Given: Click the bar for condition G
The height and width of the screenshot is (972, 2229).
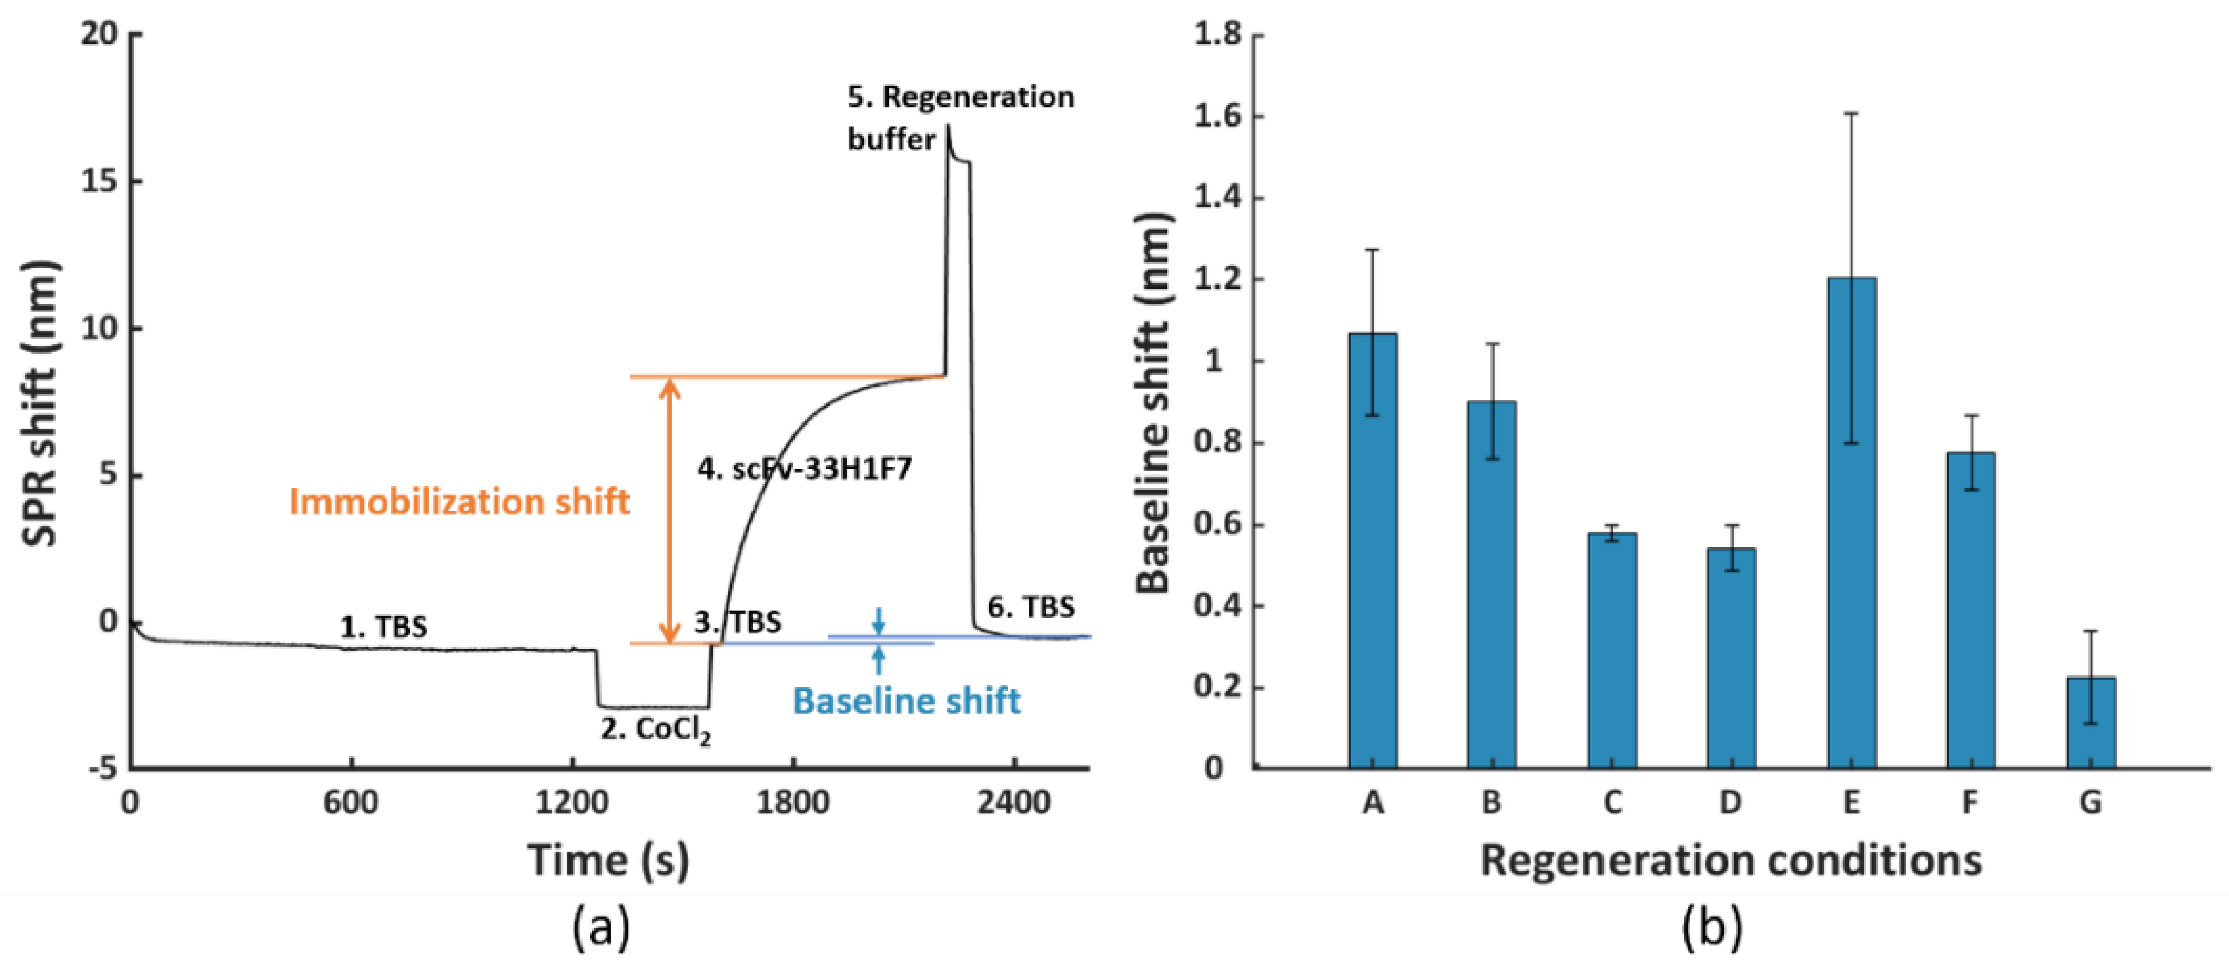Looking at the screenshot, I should point(2091,722).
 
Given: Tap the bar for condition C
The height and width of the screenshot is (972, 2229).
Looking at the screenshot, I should point(1611,650).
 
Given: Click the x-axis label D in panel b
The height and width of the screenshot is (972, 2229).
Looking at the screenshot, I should point(1731,803).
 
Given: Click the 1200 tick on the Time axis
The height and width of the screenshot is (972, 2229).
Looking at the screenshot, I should point(571,803).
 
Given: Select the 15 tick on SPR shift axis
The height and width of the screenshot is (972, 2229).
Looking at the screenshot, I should point(100,182).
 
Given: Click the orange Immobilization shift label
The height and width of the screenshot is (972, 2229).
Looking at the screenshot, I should point(459,502).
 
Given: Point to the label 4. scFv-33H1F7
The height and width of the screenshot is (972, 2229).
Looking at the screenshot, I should point(805,469).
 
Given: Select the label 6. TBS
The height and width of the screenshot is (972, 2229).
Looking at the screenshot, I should point(1031,608).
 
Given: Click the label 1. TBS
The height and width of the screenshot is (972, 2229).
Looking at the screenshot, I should point(383,627).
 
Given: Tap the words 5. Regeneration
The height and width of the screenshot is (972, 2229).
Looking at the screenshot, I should point(961,97).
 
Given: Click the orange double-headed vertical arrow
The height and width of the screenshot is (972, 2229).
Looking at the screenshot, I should point(669,511).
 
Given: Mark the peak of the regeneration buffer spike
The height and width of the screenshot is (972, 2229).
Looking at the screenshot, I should point(949,127).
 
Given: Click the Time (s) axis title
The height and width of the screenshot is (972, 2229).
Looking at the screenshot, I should point(609,860).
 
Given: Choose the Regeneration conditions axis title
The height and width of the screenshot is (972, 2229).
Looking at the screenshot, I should point(1731,860).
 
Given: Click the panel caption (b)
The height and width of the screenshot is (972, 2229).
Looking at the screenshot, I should point(1712,927).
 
